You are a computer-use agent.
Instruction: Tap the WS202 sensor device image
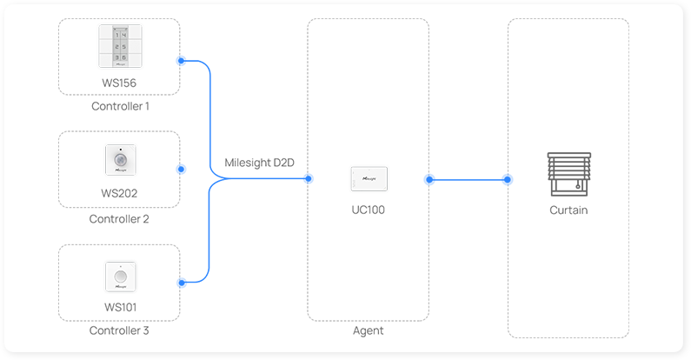tap(119, 160)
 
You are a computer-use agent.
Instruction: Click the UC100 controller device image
tap(368, 177)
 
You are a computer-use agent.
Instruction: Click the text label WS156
tap(119, 83)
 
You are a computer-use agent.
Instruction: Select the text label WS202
tap(119, 193)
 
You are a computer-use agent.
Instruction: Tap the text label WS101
tap(119, 306)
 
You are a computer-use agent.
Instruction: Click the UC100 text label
tap(368, 210)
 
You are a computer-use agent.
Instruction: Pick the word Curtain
tap(568, 210)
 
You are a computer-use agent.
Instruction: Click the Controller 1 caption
tap(120, 106)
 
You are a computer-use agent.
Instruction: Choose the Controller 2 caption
tap(119, 219)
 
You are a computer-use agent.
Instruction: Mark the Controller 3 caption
tap(119, 330)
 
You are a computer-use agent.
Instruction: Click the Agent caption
tap(368, 330)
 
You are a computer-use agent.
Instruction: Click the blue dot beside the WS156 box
tap(181, 61)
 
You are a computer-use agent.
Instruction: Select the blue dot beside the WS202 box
tap(181, 170)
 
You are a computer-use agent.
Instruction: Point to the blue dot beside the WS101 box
tap(181, 283)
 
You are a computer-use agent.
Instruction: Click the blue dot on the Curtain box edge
tap(508, 180)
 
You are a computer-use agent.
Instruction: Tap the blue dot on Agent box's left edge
tap(308, 179)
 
